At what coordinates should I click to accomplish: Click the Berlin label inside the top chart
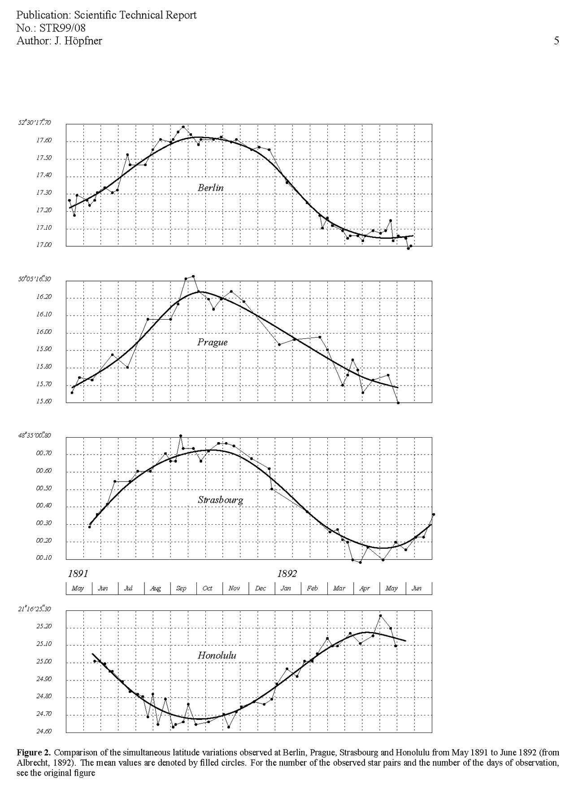click(x=210, y=188)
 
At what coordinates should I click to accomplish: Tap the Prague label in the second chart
click(x=212, y=342)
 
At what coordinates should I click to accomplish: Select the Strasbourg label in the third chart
click(x=220, y=500)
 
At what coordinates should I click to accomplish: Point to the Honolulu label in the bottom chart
click(x=217, y=655)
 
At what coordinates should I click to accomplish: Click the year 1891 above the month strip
click(x=78, y=573)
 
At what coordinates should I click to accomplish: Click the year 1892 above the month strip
click(x=287, y=573)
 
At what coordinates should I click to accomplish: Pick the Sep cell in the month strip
click(x=181, y=588)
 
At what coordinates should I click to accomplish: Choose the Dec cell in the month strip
click(x=260, y=588)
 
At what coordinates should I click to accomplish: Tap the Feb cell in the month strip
click(x=312, y=588)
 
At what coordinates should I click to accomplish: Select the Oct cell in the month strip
click(x=207, y=588)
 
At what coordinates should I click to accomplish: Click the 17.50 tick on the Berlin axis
click(x=44, y=158)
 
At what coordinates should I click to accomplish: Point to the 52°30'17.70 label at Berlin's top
click(x=35, y=123)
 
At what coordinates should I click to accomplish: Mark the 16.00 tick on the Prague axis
click(x=44, y=332)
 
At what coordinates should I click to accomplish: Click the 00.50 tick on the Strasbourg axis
click(x=44, y=488)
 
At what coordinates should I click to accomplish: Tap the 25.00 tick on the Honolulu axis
click(x=44, y=662)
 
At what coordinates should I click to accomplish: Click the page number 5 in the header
click(x=556, y=41)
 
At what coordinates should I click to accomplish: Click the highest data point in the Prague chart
click(x=193, y=276)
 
